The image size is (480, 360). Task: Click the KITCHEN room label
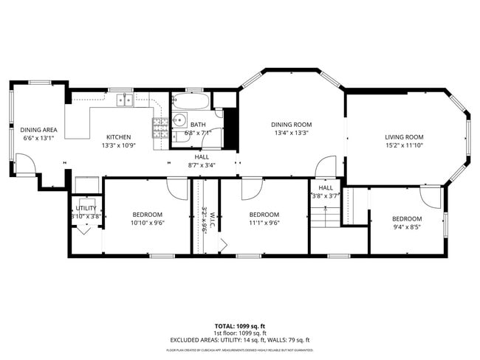click(x=118, y=137)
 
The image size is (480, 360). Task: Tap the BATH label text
click(x=198, y=125)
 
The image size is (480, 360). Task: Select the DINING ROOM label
click(x=291, y=125)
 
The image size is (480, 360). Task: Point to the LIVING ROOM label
click(x=404, y=137)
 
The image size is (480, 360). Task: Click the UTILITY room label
click(x=86, y=209)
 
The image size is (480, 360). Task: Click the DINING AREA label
click(x=35, y=129)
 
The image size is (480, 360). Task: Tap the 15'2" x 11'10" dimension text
click(x=404, y=145)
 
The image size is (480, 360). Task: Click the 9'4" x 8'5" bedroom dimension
click(x=406, y=227)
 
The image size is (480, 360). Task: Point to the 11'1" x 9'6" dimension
click(x=264, y=223)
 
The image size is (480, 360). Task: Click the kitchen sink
click(x=123, y=100)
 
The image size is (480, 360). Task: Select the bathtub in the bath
click(x=191, y=100)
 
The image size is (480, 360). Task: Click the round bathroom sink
click(x=179, y=120)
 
